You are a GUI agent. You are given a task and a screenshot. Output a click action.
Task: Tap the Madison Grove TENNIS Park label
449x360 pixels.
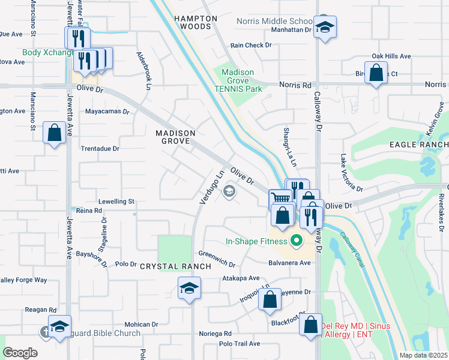[x=238, y=80]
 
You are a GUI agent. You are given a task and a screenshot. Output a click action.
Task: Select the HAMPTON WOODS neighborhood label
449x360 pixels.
[x=196, y=23]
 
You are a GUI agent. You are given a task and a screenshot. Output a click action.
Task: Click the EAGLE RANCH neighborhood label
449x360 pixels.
[x=418, y=145]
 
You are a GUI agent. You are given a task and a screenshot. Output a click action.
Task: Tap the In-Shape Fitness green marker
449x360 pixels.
[x=295, y=242]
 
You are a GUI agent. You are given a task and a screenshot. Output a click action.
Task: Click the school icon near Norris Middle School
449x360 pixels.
[x=325, y=27]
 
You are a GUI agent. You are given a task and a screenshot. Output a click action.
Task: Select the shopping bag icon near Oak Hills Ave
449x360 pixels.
[x=376, y=74]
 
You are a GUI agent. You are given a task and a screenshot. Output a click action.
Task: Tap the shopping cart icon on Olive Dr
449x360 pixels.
[x=280, y=198]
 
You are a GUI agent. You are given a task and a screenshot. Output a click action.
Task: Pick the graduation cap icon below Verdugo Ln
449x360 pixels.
[x=189, y=289]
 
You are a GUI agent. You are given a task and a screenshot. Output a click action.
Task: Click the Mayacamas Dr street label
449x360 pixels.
[x=107, y=112]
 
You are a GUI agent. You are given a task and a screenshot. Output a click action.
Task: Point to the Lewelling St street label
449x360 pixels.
[x=114, y=202]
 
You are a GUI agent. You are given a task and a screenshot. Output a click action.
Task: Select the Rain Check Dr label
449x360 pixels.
[x=251, y=45]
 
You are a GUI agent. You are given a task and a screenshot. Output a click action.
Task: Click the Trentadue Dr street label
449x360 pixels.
[x=100, y=148]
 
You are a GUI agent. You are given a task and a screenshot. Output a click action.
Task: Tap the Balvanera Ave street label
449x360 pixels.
[x=291, y=263]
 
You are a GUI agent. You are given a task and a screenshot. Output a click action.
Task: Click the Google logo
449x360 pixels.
[x=20, y=353]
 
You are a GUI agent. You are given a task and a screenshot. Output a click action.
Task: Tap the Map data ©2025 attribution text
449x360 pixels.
[x=423, y=355]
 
